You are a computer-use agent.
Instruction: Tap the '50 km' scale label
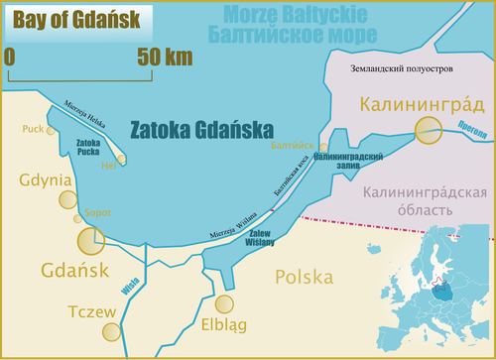point(164,57)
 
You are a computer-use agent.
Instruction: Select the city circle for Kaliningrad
point(429,130)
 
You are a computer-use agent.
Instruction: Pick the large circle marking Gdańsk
point(91,241)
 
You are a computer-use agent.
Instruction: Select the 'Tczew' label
point(93,311)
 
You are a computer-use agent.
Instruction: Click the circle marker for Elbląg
point(226,306)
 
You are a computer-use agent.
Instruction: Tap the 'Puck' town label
point(32,129)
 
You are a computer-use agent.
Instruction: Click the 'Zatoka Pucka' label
point(92,148)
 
